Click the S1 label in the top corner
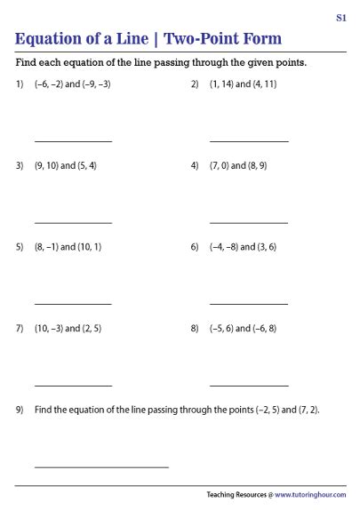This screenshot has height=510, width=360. tap(341, 17)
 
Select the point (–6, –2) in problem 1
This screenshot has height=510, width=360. tap(50, 84)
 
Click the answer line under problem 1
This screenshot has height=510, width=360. tap(73, 141)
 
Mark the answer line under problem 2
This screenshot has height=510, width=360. tap(249, 141)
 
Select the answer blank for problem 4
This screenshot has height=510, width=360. tap(249, 223)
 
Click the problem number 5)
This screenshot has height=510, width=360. tap(20, 247)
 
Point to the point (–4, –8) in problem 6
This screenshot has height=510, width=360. tap(223, 247)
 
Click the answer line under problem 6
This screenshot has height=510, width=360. tap(249, 304)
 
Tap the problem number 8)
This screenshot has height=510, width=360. tap(195, 329)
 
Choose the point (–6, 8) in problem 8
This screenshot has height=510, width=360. tap(260, 329)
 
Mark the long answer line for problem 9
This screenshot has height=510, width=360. tap(101, 466)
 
